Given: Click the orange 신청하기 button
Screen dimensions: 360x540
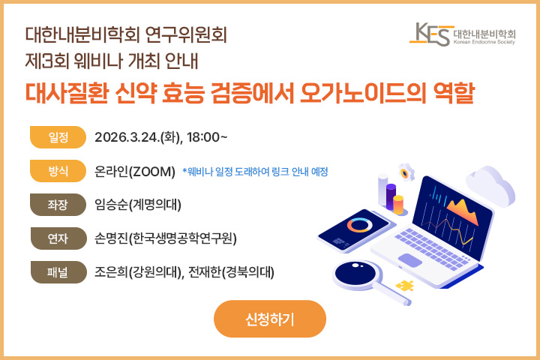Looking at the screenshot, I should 270,319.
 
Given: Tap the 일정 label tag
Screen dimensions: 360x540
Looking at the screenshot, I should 58,137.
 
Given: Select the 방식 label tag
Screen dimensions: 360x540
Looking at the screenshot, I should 58,171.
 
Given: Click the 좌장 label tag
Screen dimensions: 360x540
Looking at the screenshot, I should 58,204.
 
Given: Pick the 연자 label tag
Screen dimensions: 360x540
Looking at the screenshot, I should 58,238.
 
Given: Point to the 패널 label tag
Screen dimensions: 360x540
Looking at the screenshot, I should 58,271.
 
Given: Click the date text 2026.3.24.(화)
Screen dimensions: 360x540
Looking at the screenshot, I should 138,137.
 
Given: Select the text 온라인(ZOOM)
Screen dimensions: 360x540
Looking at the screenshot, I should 135,171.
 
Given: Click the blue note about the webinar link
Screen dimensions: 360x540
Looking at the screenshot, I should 255,172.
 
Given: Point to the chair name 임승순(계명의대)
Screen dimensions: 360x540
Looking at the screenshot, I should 138,204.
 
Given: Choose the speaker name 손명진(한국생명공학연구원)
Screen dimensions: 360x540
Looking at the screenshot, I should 166,238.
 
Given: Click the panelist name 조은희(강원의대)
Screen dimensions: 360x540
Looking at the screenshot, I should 137,271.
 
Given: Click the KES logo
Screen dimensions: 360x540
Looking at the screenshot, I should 465,34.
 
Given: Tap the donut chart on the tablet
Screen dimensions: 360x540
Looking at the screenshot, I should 360,225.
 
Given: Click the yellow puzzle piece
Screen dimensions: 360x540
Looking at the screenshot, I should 406,286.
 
